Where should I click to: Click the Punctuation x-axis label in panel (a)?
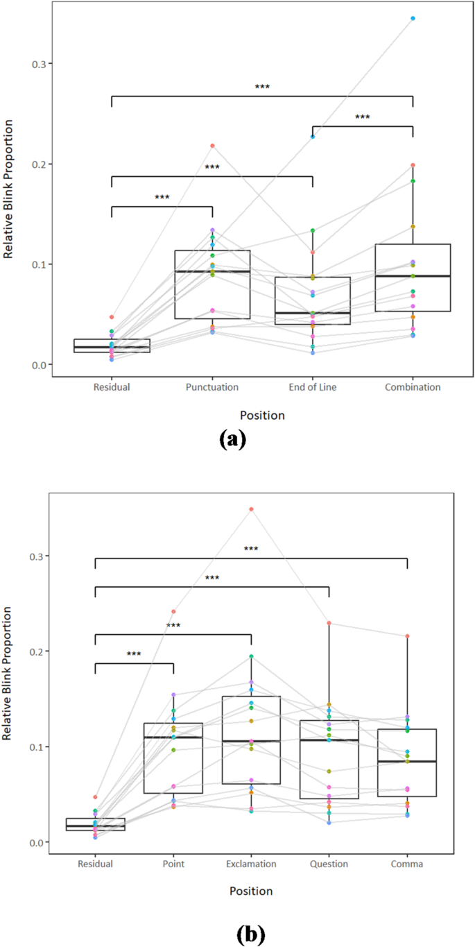(212, 387)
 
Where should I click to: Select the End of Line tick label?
(312, 387)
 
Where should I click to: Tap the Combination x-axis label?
(413, 387)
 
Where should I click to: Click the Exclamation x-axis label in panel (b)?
(251, 864)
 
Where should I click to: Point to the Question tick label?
(329, 864)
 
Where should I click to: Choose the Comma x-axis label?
(408, 864)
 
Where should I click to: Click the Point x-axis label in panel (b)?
(173, 864)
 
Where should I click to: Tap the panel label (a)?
(233, 440)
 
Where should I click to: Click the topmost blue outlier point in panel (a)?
(413, 18)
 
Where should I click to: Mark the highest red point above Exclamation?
(251, 509)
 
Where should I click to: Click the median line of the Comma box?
(408, 761)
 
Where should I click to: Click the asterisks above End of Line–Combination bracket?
(363, 117)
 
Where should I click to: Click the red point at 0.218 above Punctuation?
(212, 146)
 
